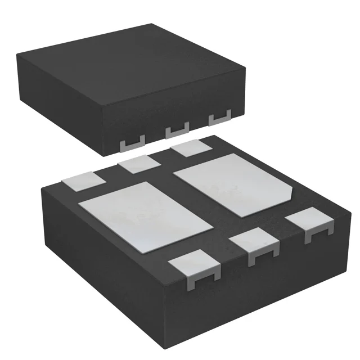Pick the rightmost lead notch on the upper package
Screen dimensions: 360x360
click(x=219, y=119)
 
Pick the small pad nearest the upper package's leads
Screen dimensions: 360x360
click(x=190, y=149)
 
